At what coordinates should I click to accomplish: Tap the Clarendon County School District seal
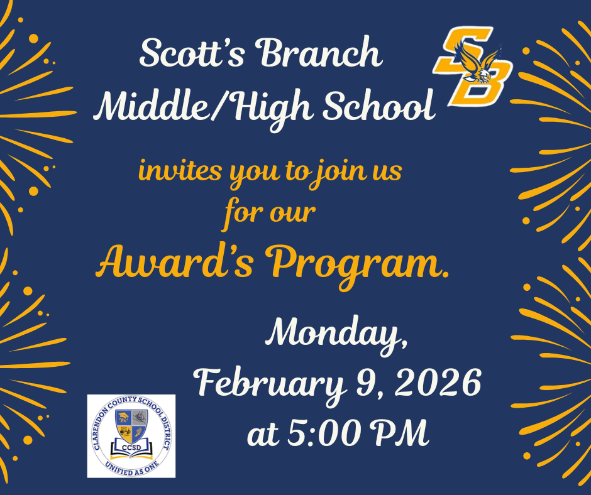coord(131,436)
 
